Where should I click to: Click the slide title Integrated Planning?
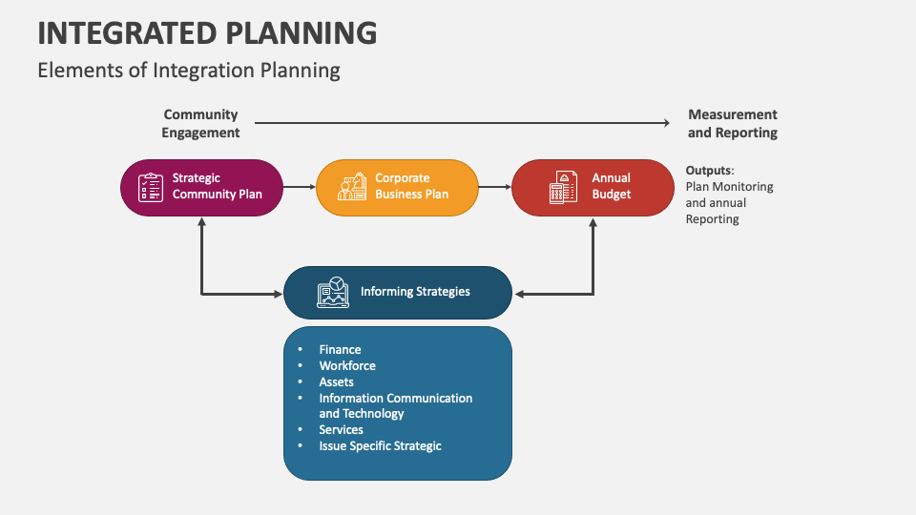(207, 32)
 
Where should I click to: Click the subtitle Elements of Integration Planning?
(189, 70)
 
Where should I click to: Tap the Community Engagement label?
(200, 124)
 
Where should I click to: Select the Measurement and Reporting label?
(732, 124)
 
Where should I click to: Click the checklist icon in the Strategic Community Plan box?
(151, 187)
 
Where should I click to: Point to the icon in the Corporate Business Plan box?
(352, 187)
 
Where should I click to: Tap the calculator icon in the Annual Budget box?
(563, 187)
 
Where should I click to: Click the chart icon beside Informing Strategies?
(333, 292)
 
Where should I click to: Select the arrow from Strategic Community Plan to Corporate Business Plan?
(300, 187)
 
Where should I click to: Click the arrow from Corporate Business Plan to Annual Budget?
(495, 187)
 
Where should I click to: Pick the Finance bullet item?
(340, 350)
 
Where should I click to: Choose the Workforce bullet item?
(347, 366)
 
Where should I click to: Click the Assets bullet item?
(336, 381)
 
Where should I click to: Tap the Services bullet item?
(341, 430)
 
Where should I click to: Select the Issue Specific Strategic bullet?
(380, 446)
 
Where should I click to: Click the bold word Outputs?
(708, 171)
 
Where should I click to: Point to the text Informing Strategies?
(415, 292)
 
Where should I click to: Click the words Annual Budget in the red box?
(612, 186)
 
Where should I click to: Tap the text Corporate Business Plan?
(411, 186)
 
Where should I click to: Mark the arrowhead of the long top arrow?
(667, 122)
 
